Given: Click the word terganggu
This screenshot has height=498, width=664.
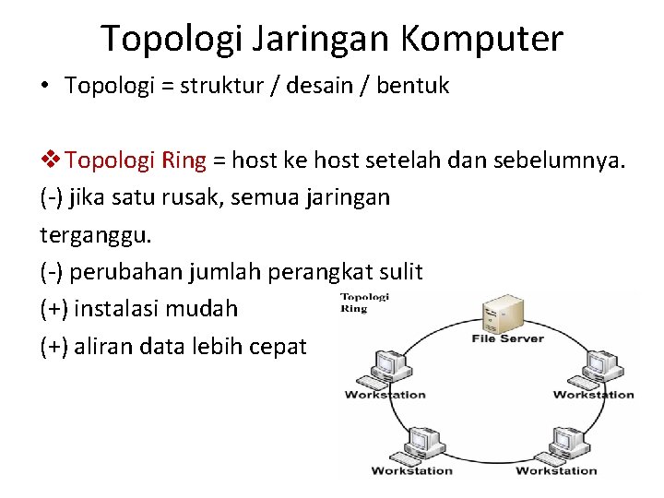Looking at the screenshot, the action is [95, 234].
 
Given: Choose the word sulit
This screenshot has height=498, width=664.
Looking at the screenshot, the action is [400, 272].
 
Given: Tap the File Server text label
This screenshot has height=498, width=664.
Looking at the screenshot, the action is [508, 338].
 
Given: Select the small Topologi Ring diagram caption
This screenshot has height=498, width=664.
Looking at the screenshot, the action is [365, 302].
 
